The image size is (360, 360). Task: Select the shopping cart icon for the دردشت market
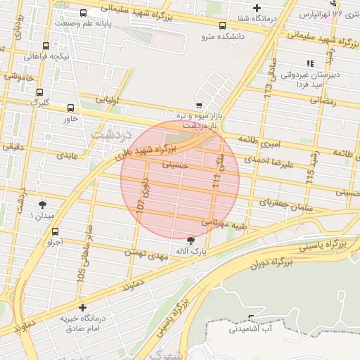(199, 105)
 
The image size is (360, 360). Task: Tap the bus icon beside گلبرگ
(40, 92)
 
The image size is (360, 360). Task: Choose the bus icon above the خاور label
(70, 108)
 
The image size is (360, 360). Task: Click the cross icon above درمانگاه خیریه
(83, 307)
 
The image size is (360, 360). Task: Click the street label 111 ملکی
(218, 173)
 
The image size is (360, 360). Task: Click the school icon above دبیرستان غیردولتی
(310, 64)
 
